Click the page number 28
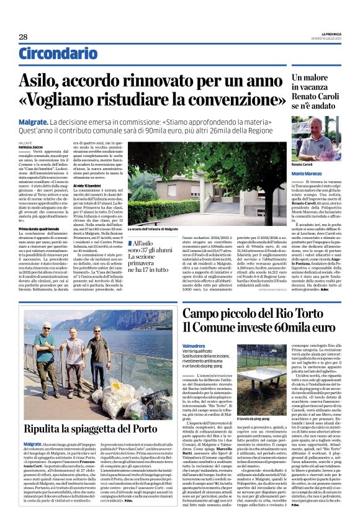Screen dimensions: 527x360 pos(23,37)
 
